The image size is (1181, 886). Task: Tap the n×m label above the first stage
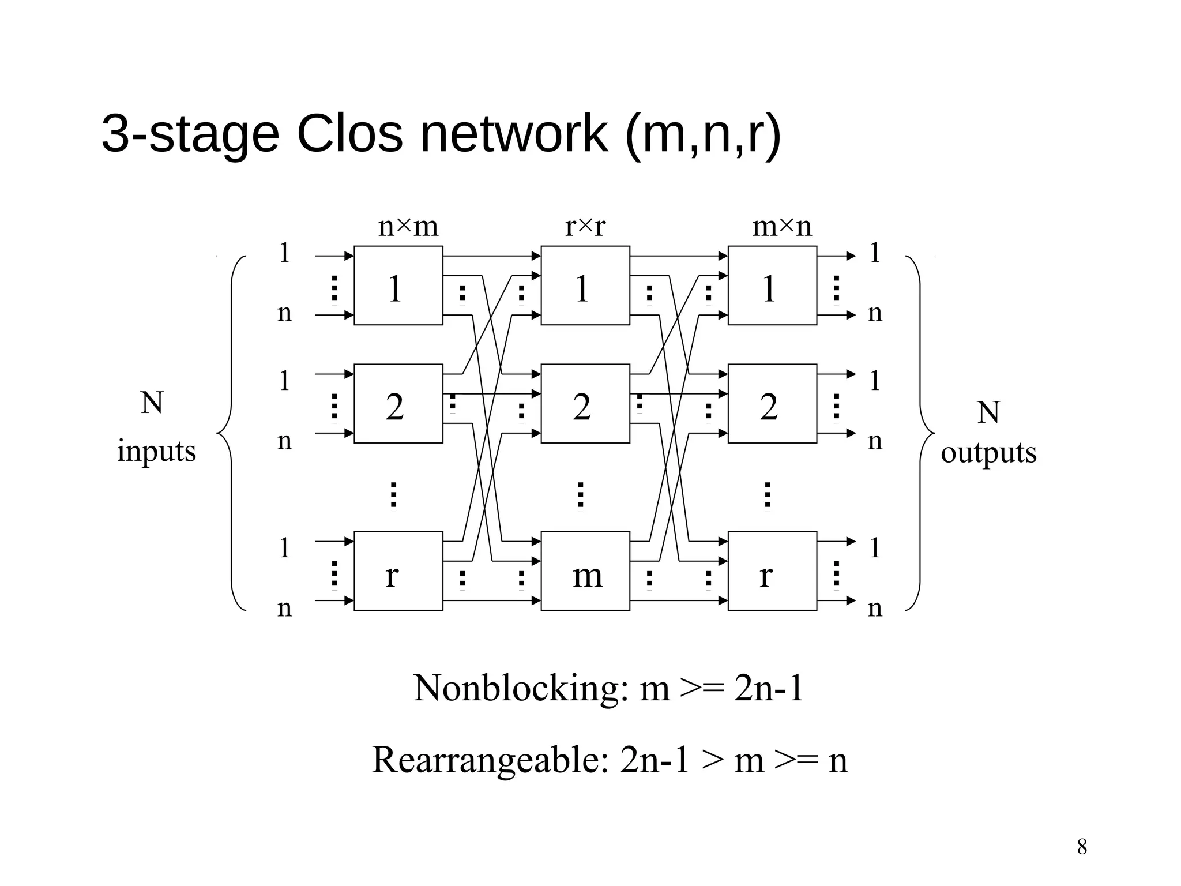[x=408, y=226]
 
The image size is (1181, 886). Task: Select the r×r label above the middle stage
[x=585, y=226]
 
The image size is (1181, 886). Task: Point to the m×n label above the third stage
[x=781, y=226]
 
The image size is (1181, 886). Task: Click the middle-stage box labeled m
[x=585, y=570]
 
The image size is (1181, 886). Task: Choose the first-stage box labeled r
[x=398, y=570]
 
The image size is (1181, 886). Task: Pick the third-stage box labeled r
[x=772, y=570]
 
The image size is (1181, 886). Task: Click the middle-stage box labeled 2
[x=585, y=403]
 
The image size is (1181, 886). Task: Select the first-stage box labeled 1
[x=398, y=285]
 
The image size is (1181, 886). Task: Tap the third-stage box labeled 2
[x=772, y=403]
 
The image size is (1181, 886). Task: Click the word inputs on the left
[x=156, y=451]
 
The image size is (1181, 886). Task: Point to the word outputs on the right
[x=988, y=453]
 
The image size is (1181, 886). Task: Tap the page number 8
[x=1082, y=847]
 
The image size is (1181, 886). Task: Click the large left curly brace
[x=230, y=433]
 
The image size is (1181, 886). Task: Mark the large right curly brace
[x=922, y=433]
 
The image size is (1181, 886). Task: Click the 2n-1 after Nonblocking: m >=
[x=768, y=688]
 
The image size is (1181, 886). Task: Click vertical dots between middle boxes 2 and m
[x=580, y=496]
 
